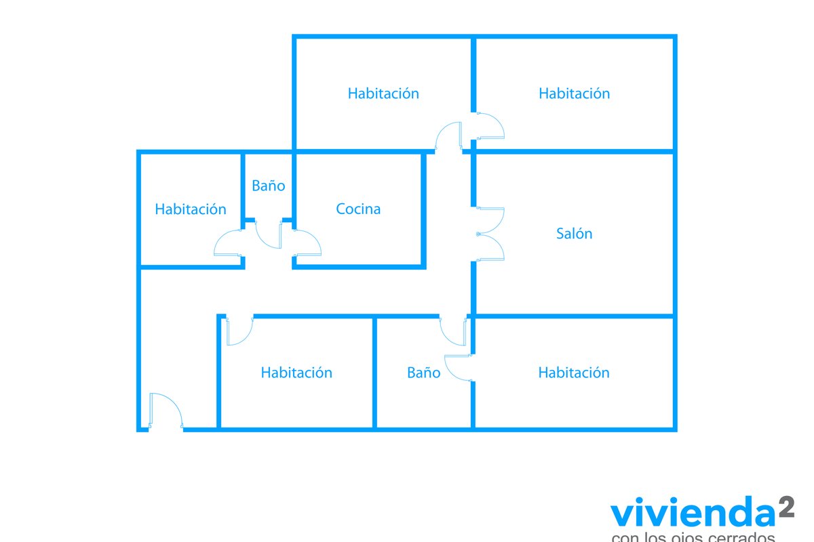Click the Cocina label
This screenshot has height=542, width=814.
tap(358, 209)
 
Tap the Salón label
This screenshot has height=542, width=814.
tap(574, 234)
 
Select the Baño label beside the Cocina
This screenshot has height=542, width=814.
tap(269, 186)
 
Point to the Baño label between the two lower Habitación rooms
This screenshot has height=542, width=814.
tap(423, 373)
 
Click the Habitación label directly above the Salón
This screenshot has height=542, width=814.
tap(574, 93)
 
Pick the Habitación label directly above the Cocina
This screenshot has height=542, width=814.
tap(383, 93)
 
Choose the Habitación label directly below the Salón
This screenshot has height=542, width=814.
tap(574, 373)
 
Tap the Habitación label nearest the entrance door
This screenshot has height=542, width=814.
tap(296, 373)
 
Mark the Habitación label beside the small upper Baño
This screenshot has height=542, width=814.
tap(190, 209)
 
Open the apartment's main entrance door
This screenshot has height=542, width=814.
tap(166, 410)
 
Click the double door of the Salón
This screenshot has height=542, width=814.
tap(490, 234)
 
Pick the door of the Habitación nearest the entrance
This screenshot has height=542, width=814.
tap(239, 331)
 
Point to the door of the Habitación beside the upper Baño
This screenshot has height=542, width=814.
tap(229, 243)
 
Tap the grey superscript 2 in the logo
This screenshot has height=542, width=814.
tap(786, 507)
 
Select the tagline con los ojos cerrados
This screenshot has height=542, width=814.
tap(693, 537)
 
